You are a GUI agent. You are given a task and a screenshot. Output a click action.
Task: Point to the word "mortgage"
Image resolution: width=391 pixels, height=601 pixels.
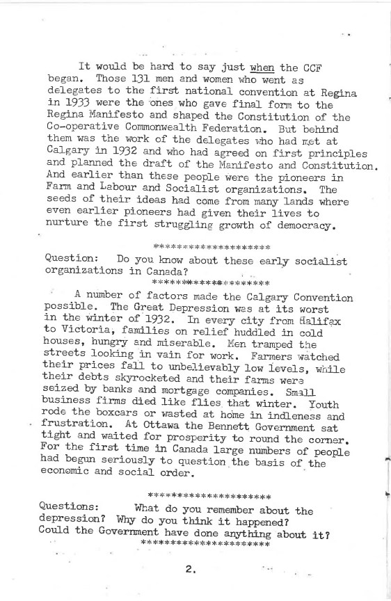[169, 418]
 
